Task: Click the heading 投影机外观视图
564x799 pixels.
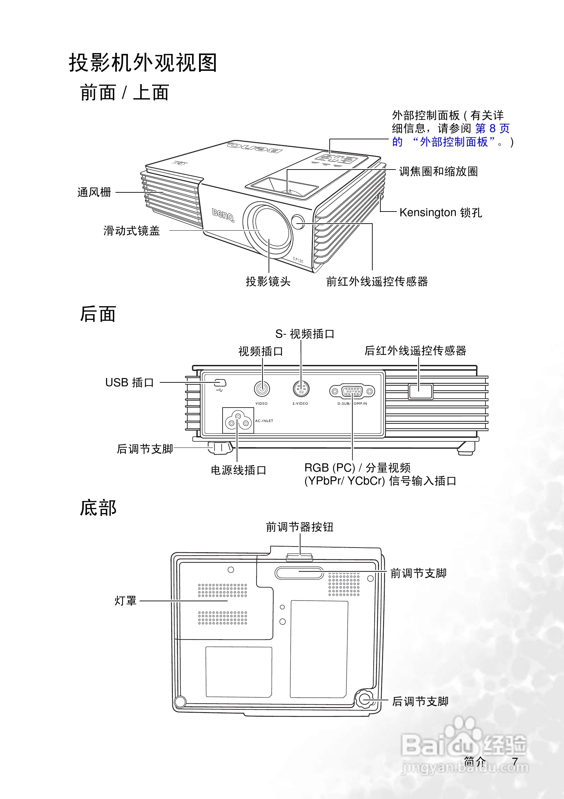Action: tap(143, 63)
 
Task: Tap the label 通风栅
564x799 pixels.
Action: tap(94, 192)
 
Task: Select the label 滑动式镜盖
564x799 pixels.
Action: tap(132, 231)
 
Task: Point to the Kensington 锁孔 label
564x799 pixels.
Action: tap(440, 212)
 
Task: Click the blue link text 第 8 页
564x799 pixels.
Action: tap(492, 128)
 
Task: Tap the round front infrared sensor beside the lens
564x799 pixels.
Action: tap(298, 222)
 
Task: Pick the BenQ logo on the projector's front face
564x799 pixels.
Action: tap(223, 215)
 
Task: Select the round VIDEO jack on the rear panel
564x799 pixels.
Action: tap(262, 389)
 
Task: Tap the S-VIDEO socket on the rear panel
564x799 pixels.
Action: tap(301, 389)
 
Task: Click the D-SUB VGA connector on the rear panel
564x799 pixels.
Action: tap(352, 391)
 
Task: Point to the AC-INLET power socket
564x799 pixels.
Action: tap(238, 420)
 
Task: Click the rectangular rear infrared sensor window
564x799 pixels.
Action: tap(420, 392)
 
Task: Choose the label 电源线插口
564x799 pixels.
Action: tap(239, 470)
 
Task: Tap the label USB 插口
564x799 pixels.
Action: tap(130, 382)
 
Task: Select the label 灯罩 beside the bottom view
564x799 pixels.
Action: tap(126, 601)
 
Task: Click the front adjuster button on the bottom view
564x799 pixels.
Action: tap(299, 557)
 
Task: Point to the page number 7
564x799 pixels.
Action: tap(515, 761)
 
